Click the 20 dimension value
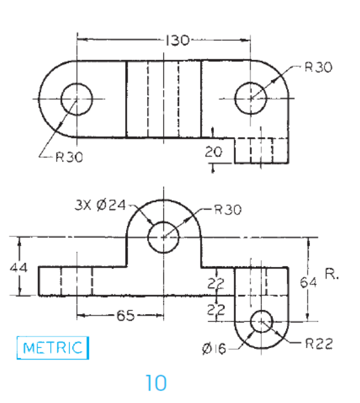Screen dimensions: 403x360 [213, 153]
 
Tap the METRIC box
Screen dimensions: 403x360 [53, 347]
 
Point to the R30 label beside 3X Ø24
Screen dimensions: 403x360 [228, 210]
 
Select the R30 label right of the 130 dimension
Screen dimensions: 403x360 [318, 67]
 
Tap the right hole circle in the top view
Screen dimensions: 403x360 [250, 98]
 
